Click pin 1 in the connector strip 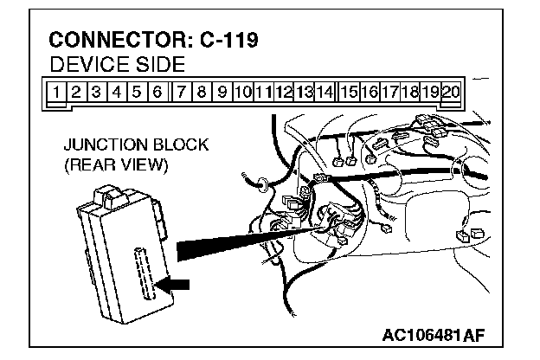(x=55, y=91)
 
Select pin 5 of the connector (x=137, y=91)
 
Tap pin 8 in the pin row (x=201, y=91)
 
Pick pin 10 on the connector (x=243, y=91)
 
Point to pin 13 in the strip (x=305, y=91)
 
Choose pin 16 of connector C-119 (x=369, y=91)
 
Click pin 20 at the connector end (x=451, y=91)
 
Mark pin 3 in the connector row (x=96, y=91)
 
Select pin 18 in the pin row (x=410, y=91)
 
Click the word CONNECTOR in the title (x=116, y=42)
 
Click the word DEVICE (x=85, y=65)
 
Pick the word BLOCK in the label (x=178, y=145)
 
